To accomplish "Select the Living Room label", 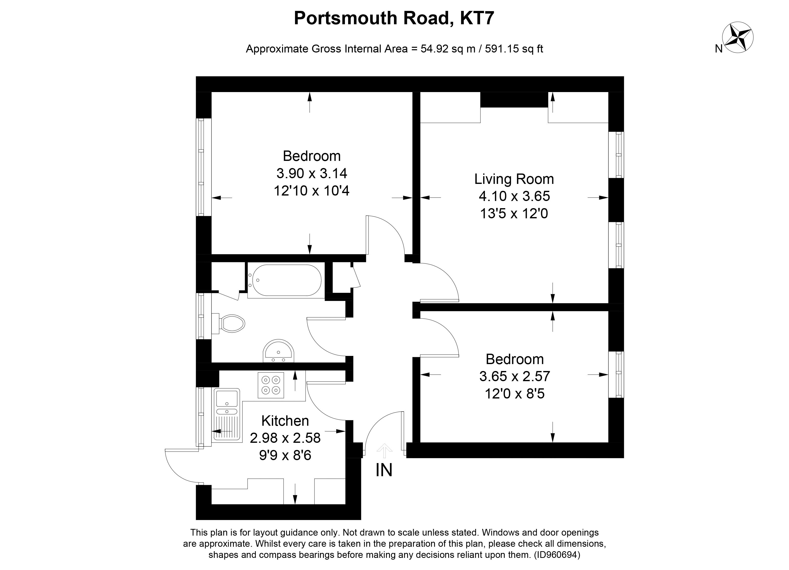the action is point(514,179).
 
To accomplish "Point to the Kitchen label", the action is point(285,421).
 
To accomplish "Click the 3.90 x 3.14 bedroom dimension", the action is point(312,173).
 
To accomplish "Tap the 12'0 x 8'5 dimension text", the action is point(515,394).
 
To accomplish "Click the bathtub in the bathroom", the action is point(285,280).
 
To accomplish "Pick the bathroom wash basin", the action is point(279,351).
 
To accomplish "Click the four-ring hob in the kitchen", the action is point(271,385).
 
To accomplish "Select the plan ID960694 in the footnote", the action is point(557,555).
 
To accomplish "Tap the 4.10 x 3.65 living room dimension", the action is point(514,196).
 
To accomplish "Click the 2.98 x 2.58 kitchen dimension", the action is point(285,438).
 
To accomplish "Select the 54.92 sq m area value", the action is point(448,49).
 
